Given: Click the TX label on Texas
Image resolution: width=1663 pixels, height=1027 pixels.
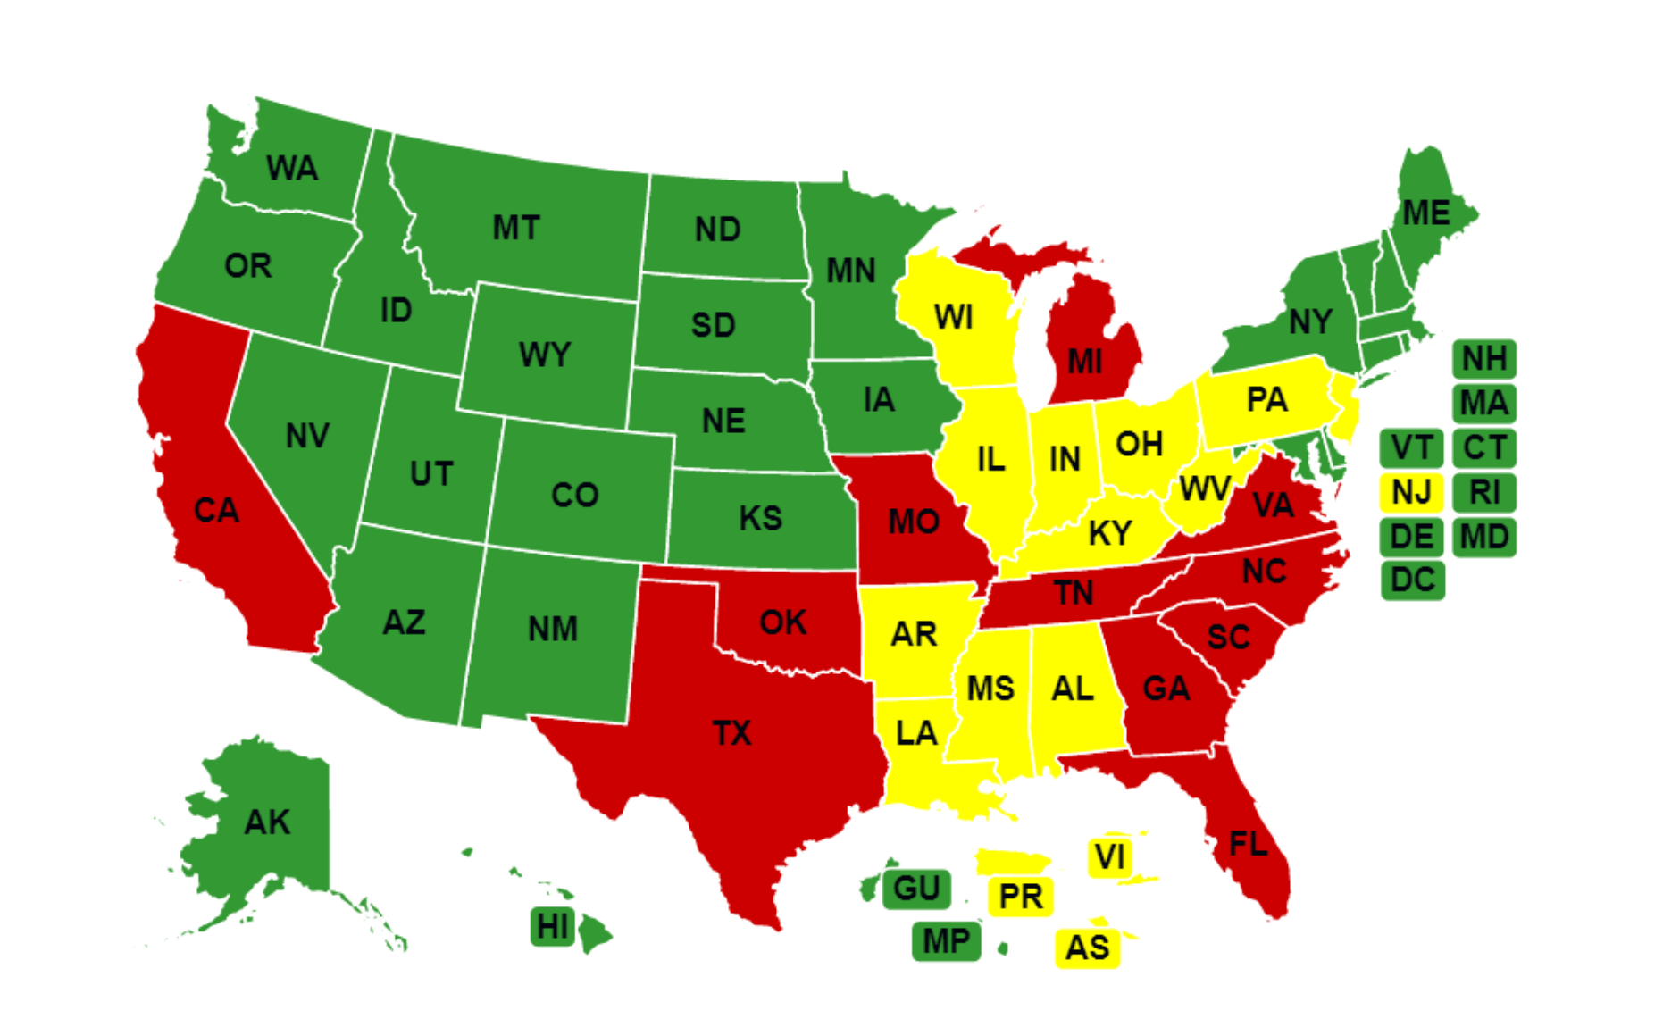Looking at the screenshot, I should (731, 733).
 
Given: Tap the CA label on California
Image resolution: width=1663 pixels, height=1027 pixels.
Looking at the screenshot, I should (216, 511).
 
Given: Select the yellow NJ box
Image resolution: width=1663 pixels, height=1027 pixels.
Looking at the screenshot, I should (1411, 492).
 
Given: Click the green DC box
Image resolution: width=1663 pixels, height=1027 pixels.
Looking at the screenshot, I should (1412, 580).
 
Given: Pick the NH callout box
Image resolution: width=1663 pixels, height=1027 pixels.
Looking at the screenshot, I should (1483, 359).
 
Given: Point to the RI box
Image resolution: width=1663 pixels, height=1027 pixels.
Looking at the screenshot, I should (1483, 492).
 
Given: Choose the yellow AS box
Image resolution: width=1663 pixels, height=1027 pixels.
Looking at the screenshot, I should (1087, 948).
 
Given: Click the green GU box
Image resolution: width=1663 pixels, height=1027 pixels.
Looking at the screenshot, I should (916, 889).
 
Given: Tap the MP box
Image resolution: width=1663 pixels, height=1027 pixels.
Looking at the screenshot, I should (946, 941).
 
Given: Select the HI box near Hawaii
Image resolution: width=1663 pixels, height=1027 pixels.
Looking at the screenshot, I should (552, 927).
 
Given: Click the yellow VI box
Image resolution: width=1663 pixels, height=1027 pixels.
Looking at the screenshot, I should (1110, 857).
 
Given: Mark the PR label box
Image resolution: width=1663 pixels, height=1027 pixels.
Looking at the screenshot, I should (1021, 896).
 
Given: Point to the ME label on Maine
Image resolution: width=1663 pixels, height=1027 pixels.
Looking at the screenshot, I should (1425, 213).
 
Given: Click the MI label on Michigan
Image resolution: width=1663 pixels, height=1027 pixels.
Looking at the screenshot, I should (1084, 362).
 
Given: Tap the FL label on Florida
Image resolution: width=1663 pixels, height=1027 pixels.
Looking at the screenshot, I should (1248, 844).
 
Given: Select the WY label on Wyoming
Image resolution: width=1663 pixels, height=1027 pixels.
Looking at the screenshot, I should (544, 355).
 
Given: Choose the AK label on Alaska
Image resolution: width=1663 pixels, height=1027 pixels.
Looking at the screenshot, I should (267, 822).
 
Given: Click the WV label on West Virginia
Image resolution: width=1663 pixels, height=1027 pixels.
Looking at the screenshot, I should (1205, 489).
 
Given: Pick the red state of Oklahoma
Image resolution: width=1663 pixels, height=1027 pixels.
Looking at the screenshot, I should (783, 622).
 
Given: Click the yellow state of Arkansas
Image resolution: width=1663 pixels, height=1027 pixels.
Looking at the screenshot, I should (913, 634).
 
